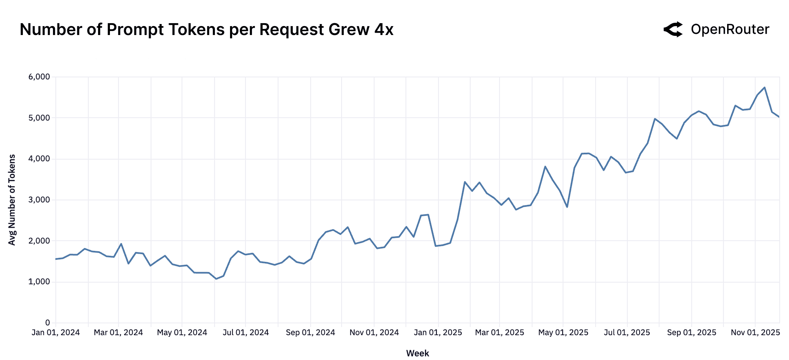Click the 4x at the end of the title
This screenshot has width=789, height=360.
pyautogui.click(x=384, y=30)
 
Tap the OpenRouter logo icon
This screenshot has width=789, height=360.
pyautogui.click(x=673, y=29)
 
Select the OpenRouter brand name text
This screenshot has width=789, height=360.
pyautogui.click(x=730, y=29)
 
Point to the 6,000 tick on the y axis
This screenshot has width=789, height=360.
pyautogui.click(x=39, y=77)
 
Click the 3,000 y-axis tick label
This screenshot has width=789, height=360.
pyautogui.click(x=39, y=200)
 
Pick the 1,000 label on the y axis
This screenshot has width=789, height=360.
pyautogui.click(x=39, y=282)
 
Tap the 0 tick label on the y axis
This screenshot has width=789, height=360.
pyautogui.click(x=48, y=323)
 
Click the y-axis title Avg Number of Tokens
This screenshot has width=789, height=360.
pyautogui.click(x=12, y=200)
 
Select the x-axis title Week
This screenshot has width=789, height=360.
pyautogui.click(x=417, y=353)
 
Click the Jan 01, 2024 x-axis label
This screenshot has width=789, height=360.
pyautogui.click(x=56, y=333)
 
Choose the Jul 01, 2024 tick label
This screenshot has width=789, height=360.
pyautogui.click(x=245, y=333)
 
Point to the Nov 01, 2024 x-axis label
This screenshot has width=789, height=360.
pyautogui.click(x=374, y=333)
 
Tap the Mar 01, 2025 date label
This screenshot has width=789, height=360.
pyautogui.click(x=500, y=333)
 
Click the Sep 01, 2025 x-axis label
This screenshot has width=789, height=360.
pyautogui.click(x=691, y=333)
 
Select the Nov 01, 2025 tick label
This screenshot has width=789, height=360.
pyautogui.click(x=755, y=333)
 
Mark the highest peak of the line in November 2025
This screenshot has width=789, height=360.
pyautogui.click(x=765, y=88)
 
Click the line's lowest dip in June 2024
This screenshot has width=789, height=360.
pyautogui.click(x=216, y=279)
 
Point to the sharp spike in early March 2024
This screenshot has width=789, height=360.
pyautogui.click(x=121, y=244)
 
